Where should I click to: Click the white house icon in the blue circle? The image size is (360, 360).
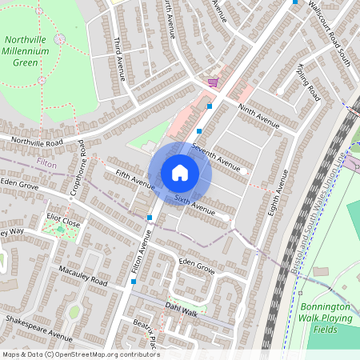[180, 172]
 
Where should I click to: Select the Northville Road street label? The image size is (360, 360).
[31, 142]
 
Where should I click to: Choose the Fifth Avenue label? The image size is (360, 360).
[134, 178]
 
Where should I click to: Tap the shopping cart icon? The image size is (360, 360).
[212, 82]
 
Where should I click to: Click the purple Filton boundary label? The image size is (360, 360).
[47, 162]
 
